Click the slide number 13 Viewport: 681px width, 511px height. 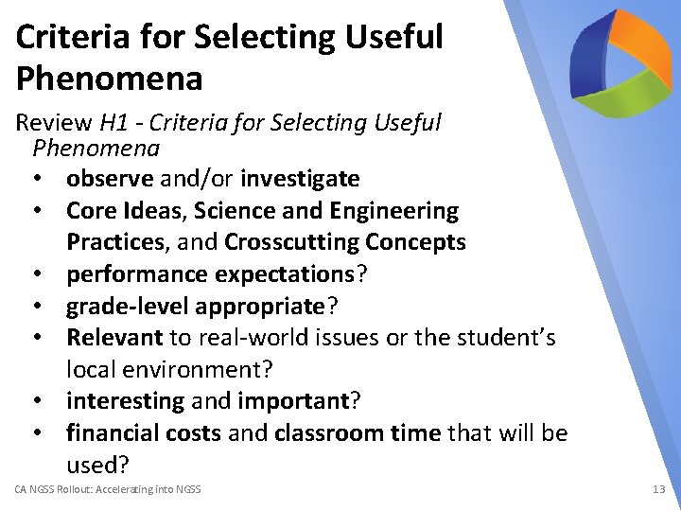point(658,489)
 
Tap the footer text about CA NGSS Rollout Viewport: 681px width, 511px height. point(108,489)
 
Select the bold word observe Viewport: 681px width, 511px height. point(110,179)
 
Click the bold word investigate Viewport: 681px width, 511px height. point(300,179)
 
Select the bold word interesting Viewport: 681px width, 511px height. point(125,401)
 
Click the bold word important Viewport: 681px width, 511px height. point(293,401)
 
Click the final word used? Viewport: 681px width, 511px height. point(97,465)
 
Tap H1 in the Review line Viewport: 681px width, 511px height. point(113,123)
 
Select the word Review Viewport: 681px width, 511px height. point(54,123)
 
